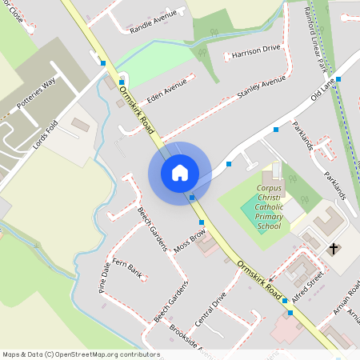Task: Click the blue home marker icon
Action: pyautogui.click(x=179, y=172)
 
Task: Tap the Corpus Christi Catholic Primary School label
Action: pyautogui.click(x=269, y=207)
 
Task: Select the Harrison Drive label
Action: pyautogui.click(x=256, y=52)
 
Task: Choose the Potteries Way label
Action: pyautogui.click(x=38, y=94)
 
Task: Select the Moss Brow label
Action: pyautogui.click(x=190, y=241)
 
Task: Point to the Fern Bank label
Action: pyautogui.click(x=127, y=268)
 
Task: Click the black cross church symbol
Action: pyautogui.click(x=333, y=249)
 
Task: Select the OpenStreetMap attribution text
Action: pyautogui.click(x=81, y=354)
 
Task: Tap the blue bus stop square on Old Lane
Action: pyautogui.click(x=338, y=79)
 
